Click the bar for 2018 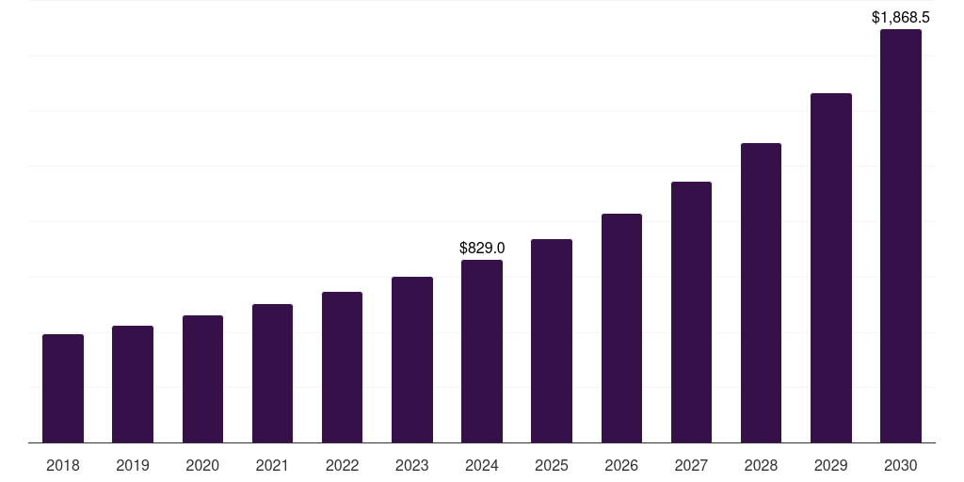(x=63, y=388)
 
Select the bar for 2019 (x=133, y=384)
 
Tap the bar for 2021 (x=272, y=373)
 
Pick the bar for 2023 (x=412, y=360)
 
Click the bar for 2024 (x=482, y=351)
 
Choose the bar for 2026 (x=621, y=328)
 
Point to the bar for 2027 (x=691, y=312)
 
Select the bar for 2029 (x=831, y=267)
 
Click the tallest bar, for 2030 (x=901, y=235)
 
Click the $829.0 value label (x=482, y=248)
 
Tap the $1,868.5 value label (x=901, y=17)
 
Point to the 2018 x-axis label (x=63, y=465)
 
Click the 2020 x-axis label (x=202, y=465)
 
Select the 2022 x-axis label (x=343, y=465)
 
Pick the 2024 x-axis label (x=482, y=465)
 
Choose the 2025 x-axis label (x=552, y=465)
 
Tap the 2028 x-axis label (x=761, y=465)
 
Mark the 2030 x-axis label (x=901, y=465)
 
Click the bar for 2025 (x=552, y=341)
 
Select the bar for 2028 (x=761, y=293)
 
